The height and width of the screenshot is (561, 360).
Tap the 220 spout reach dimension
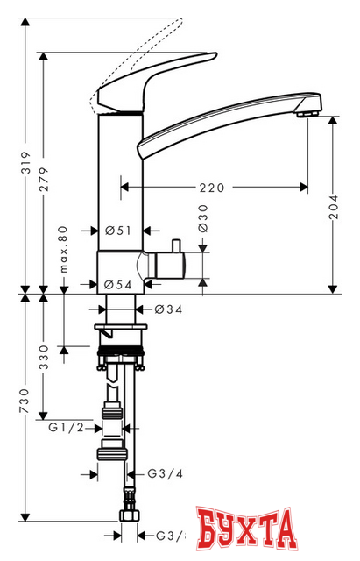[212, 187]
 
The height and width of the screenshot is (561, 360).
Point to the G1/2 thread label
[65, 427]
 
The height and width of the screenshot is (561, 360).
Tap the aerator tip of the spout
[307, 110]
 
